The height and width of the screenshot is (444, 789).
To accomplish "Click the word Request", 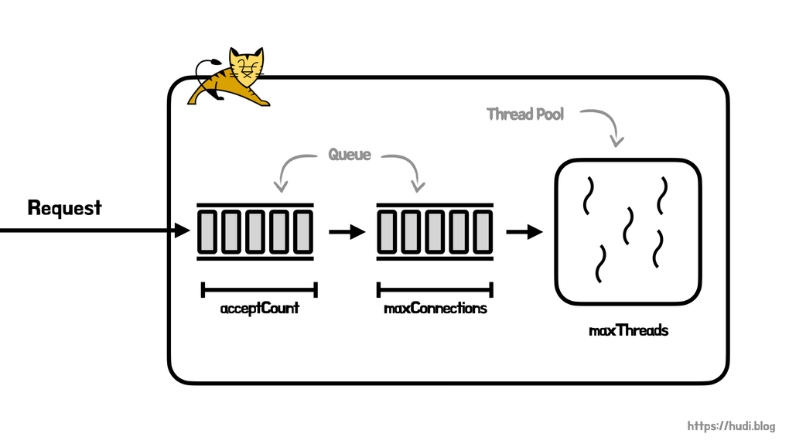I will click(x=64, y=208).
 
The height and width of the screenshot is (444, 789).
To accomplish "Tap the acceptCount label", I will click(x=259, y=309).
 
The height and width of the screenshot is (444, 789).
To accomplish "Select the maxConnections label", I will click(x=435, y=309).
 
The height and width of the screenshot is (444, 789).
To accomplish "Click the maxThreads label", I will click(x=628, y=331).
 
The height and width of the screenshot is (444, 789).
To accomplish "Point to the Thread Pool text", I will click(x=525, y=114).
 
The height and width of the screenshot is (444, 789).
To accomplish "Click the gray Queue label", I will click(x=350, y=155).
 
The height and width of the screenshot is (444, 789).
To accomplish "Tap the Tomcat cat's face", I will click(x=247, y=67).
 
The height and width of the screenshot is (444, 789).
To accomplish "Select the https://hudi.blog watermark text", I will click(x=731, y=426).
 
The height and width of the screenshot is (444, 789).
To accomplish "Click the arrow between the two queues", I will click(x=347, y=231).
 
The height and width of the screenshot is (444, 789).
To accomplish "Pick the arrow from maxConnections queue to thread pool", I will click(x=524, y=231).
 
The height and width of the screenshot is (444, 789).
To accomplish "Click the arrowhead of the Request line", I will click(x=183, y=230).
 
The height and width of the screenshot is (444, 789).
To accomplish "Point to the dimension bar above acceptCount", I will click(x=259, y=290).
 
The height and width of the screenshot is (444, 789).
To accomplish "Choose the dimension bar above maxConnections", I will click(x=435, y=290).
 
